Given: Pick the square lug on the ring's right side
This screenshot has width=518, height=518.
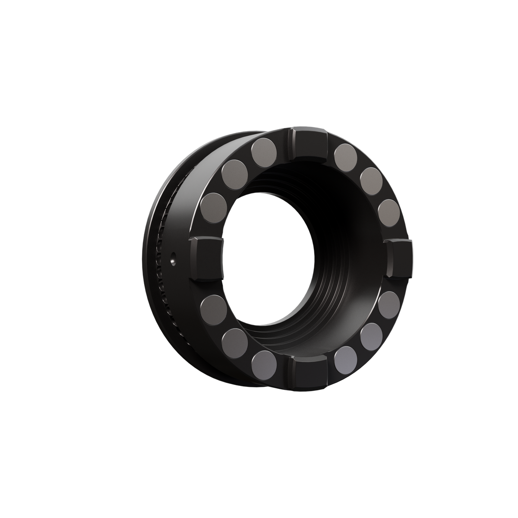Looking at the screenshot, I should click(x=400, y=259).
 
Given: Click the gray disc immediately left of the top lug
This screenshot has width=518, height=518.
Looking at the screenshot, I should click(x=264, y=151).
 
